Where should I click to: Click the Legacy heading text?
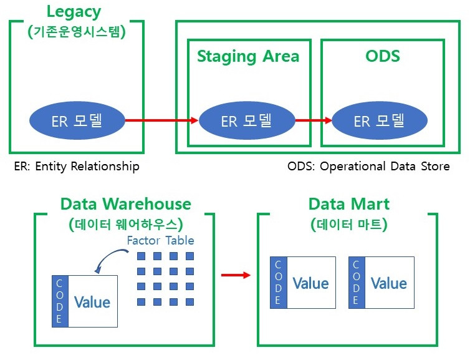pyautogui.click(x=74, y=12)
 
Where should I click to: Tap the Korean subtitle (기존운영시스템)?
pyautogui.click(x=76, y=32)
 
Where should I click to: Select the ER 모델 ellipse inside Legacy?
pyautogui.click(x=77, y=120)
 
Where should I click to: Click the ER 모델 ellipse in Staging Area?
pyautogui.click(x=247, y=120)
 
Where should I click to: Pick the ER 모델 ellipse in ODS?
pyautogui.click(x=380, y=120)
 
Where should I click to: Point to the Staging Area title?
pyautogui.click(x=248, y=57)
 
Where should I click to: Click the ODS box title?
pyautogui.click(x=383, y=56)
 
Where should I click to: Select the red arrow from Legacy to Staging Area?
pyautogui.click(x=162, y=120)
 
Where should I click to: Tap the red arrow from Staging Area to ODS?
pyautogui.click(x=314, y=120)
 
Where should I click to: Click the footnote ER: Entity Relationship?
pyautogui.click(x=77, y=167)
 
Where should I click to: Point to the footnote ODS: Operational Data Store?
pyautogui.click(x=368, y=167)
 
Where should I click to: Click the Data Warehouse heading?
pyautogui.click(x=126, y=204)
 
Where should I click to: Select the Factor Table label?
pyautogui.click(x=161, y=240)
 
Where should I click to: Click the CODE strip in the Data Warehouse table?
pyautogui.click(x=60, y=301)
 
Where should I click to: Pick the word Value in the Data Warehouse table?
pyautogui.click(x=92, y=302)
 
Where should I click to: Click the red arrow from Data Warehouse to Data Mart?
pyautogui.click(x=236, y=275)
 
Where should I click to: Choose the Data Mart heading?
pyautogui.click(x=349, y=204)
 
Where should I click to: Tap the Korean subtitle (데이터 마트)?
pyautogui.click(x=349, y=225)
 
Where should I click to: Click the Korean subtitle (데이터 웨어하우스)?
pyautogui.click(x=126, y=225)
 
